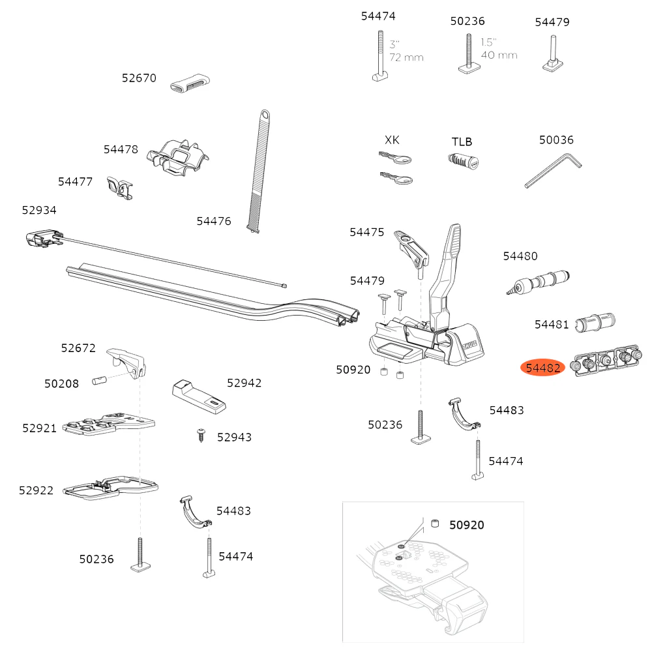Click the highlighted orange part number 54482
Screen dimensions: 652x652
543,368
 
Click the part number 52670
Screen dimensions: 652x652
139,78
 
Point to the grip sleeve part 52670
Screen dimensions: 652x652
190,84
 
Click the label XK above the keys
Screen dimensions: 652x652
392,140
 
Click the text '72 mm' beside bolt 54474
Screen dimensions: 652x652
406,57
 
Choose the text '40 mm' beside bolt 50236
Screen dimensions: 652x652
499,55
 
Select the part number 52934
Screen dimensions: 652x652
39,210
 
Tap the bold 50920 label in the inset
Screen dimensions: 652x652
466,525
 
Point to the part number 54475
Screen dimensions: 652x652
367,232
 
